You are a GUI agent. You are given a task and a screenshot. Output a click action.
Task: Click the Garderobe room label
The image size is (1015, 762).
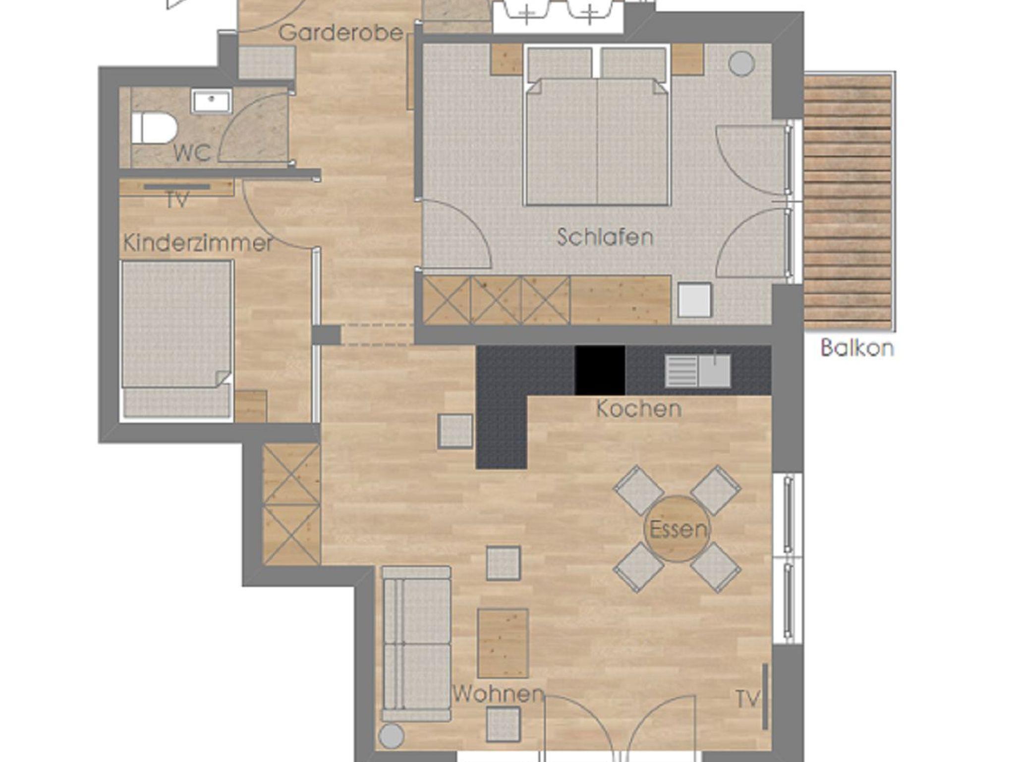point(340,33)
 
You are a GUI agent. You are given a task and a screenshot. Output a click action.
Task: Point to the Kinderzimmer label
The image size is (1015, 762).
point(198,243)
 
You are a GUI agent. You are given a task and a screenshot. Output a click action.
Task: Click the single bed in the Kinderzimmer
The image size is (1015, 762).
point(177,338)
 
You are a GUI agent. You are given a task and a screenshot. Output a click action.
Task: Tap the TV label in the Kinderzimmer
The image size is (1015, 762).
point(177,200)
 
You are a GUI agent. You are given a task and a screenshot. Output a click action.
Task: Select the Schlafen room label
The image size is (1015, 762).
point(605,237)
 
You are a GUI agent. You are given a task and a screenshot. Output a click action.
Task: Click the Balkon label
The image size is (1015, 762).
point(857,347)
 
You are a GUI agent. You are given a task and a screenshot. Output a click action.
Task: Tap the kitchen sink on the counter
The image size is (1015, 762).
point(697,371)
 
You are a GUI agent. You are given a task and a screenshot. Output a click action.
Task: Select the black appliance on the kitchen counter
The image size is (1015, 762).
point(600,370)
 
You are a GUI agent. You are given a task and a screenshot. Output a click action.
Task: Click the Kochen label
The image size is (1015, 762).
point(639,409)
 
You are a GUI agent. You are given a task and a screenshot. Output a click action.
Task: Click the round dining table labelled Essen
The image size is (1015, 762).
point(677,529)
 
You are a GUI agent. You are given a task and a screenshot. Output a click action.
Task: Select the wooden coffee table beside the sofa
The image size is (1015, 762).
point(503,643)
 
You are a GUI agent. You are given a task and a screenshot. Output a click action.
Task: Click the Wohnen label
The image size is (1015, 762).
point(499,694)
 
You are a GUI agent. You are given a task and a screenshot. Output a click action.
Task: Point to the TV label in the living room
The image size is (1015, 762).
point(748,700)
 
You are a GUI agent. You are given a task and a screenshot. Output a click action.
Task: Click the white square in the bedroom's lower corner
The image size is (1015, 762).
point(694,299)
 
